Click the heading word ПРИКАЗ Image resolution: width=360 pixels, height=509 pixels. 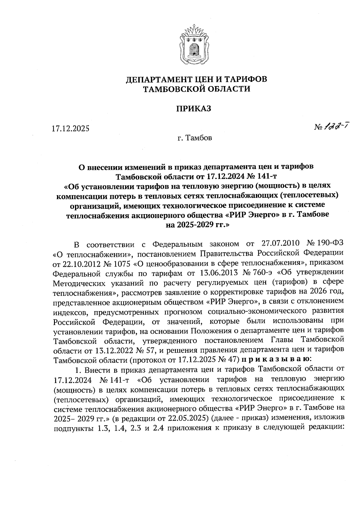(193, 108)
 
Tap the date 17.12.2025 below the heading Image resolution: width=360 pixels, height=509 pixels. (70, 129)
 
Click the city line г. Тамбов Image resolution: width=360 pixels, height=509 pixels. (194, 138)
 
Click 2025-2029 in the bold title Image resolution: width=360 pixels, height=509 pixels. (190, 225)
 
